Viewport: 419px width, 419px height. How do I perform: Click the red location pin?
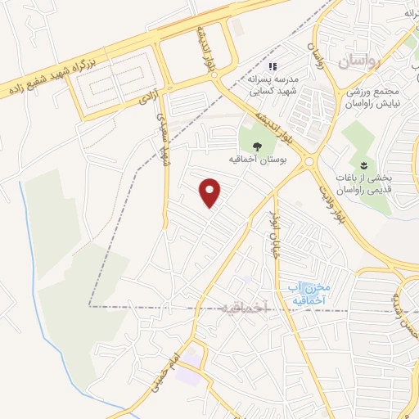(x=211, y=193)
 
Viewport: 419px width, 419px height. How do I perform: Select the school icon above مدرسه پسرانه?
(x=273, y=66)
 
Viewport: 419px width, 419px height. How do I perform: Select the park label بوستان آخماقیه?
(x=258, y=160)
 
